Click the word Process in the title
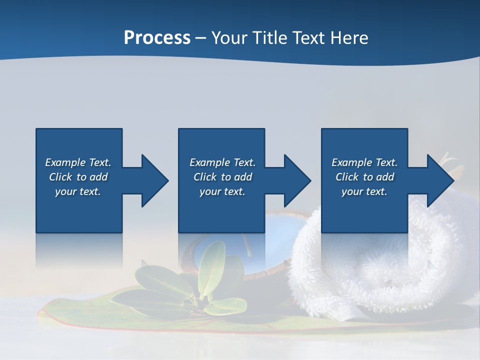click(x=157, y=38)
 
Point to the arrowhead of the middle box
click(x=296, y=180)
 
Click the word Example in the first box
click(x=65, y=162)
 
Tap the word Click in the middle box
click(x=205, y=177)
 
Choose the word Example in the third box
click(x=352, y=162)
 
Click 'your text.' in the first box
click(x=78, y=191)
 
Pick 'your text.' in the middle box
click(x=222, y=191)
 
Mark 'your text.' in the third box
click(x=364, y=191)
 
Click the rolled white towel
click(x=360, y=265)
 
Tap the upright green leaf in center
click(x=212, y=270)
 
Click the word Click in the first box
click(x=60, y=177)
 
